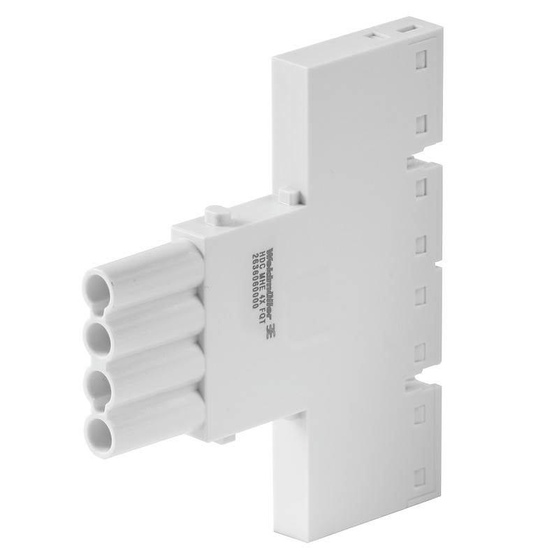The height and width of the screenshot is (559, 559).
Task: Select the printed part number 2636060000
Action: coord(247,280)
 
